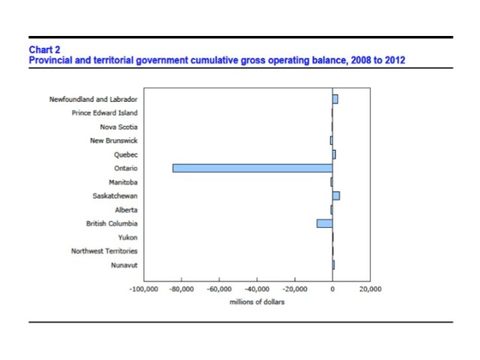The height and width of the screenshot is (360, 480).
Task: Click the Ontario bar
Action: pos(252,168)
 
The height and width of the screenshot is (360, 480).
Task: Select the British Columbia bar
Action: pos(324,223)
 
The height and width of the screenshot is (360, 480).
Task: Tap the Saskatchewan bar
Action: pos(336,196)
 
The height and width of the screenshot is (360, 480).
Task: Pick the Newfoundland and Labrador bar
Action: pos(335,99)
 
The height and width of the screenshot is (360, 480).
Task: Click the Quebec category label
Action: pos(125,154)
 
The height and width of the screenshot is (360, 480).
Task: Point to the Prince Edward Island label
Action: pos(104,113)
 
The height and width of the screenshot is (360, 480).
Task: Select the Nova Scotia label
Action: pos(118,127)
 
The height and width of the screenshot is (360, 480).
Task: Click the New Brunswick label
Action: pos(113,141)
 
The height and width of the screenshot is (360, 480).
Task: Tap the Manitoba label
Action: pos(123,182)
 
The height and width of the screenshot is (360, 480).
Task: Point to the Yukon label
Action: pos(127,238)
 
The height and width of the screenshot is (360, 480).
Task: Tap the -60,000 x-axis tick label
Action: pos(219,289)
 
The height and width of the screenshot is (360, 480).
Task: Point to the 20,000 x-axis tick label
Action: pos(370,289)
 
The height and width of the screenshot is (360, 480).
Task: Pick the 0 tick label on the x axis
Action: pos(332,289)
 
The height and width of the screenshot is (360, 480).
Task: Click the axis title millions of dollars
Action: pos(257,302)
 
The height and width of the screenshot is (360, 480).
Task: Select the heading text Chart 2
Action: pos(44,50)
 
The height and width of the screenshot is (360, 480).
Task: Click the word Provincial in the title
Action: pos(49,59)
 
